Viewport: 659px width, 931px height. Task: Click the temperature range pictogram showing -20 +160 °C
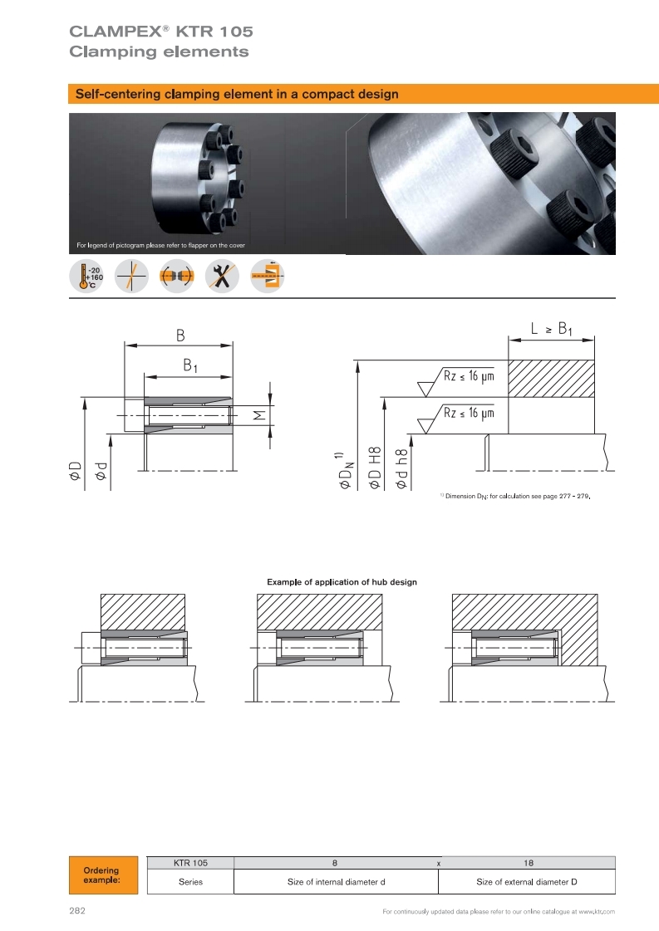[86, 276]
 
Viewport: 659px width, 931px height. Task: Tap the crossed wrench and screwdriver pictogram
[222, 276]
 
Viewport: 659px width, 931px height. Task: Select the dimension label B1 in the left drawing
[189, 365]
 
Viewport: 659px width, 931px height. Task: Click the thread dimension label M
[259, 415]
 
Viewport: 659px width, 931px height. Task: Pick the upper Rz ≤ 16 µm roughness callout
[469, 376]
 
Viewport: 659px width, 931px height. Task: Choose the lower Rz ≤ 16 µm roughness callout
[469, 413]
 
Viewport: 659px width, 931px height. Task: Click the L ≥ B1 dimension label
[552, 329]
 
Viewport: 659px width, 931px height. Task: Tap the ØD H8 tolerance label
[374, 468]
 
